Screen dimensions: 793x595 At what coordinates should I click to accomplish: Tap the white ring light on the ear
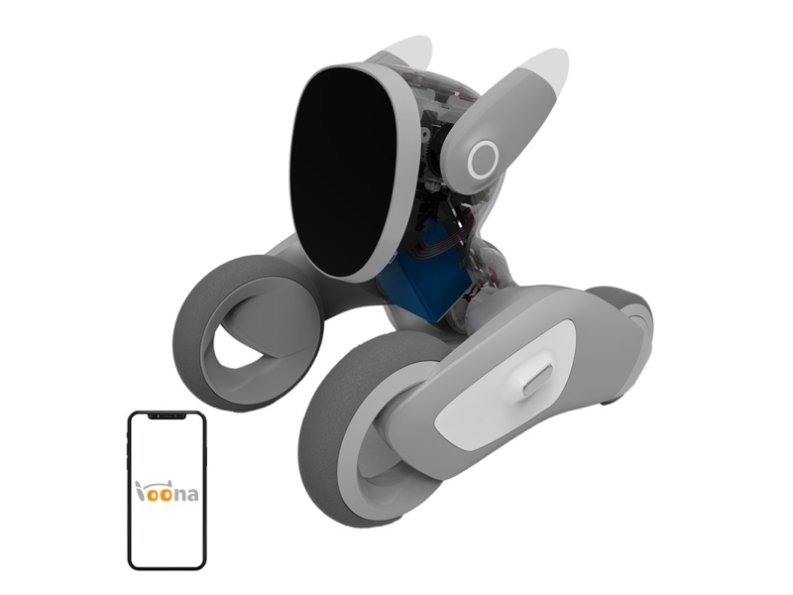click(484, 160)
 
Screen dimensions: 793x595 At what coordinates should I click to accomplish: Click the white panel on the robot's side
click(506, 384)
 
